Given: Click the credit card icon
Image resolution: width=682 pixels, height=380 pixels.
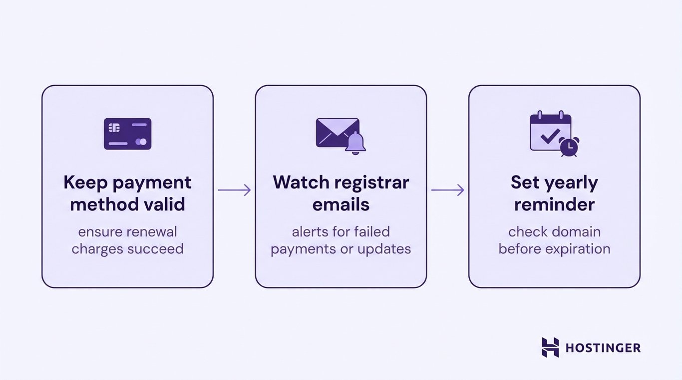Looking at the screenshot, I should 127,134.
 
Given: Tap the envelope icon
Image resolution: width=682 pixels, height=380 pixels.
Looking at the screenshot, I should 337,132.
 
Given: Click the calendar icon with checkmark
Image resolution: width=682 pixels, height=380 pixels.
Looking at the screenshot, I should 550,132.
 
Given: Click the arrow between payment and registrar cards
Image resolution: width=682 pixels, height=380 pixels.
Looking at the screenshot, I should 234,190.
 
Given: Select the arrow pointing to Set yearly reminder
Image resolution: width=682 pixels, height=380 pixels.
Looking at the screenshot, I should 447,190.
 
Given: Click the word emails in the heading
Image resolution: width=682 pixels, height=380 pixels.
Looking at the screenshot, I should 341,204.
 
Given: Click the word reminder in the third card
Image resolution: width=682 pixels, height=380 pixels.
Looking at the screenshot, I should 554,204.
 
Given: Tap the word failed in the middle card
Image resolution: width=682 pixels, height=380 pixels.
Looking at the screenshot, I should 371,232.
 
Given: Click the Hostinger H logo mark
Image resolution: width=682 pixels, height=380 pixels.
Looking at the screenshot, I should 550,347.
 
